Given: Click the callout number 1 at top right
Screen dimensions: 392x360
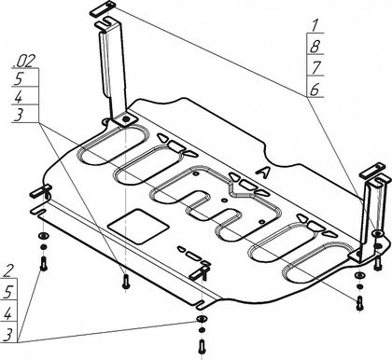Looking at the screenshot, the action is pyautogui.click(x=315, y=25).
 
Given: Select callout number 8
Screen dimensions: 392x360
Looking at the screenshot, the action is pyautogui.click(x=315, y=47).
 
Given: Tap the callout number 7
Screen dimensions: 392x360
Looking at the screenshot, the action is pyautogui.click(x=315, y=68).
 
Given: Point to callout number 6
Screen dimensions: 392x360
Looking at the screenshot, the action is pyautogui.click(x=315, y=90).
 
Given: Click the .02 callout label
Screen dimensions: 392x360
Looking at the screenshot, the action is pyautogui.click(x=23, y=62).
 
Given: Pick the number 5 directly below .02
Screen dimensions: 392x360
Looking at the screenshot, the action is pyautogui.click(x=19, y=79).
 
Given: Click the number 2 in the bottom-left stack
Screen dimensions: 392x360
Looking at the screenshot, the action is pyautogui.click(x=9, y=270).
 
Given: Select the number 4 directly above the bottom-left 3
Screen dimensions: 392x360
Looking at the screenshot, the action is pyautogui.click(x=7, y=314).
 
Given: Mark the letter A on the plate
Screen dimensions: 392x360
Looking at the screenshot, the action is pyautogui.click(x=262, y=173).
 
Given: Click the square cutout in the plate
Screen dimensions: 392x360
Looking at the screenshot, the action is pyautogui.click(x=138, y=226).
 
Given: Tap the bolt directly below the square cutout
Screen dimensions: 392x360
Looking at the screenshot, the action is pyautogui.click(x=126, y=281).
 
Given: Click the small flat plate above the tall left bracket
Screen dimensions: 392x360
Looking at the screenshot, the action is pyautogui.click(x=103, y=8).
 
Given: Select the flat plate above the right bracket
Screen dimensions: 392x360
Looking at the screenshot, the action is pyautogui.click(x=372, y=171).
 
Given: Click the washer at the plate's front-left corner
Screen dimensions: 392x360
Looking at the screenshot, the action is pyautogui.click(x=43, y=236).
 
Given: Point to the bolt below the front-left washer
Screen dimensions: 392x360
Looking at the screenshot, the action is pyautogui.click(x=44, y=263).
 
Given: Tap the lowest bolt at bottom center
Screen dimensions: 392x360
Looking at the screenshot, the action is pyautogui.click(x=202, y=345).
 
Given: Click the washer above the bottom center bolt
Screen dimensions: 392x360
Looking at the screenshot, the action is pyautogui.click(x=202, y=319).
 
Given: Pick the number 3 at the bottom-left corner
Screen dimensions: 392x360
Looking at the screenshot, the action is pyautogui.click(x=7, y=336).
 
